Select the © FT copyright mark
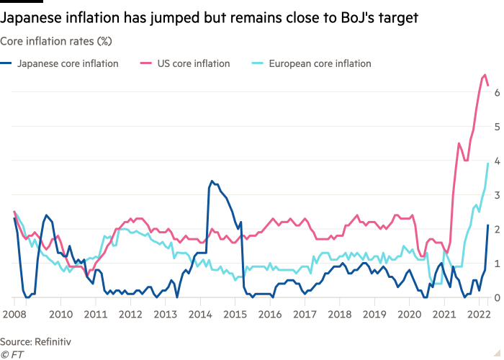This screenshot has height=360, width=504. coord(10,354)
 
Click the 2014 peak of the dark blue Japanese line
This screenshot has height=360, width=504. coord(211,181)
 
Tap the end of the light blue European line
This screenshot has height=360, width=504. coord(489,163)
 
